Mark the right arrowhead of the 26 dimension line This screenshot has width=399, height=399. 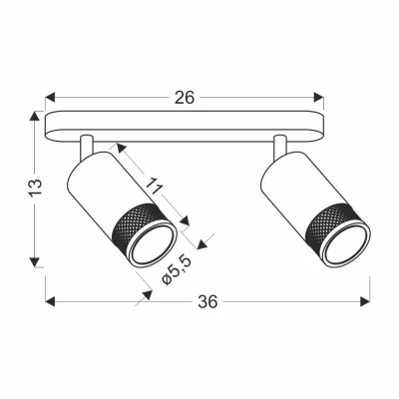[x=320, y=98]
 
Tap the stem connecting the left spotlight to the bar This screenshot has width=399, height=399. [x=88, y=147]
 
